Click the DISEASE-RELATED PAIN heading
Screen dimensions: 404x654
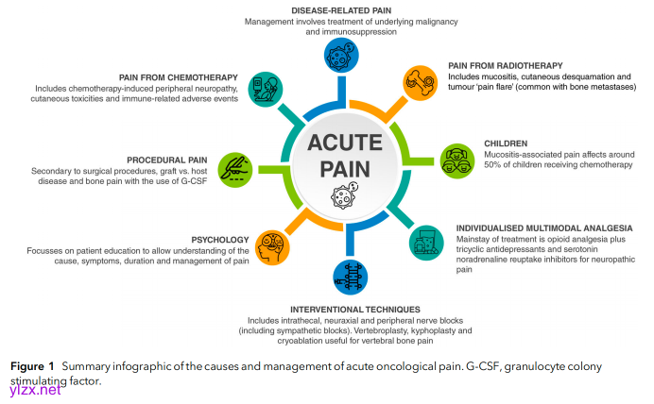[x=326, y=8]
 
